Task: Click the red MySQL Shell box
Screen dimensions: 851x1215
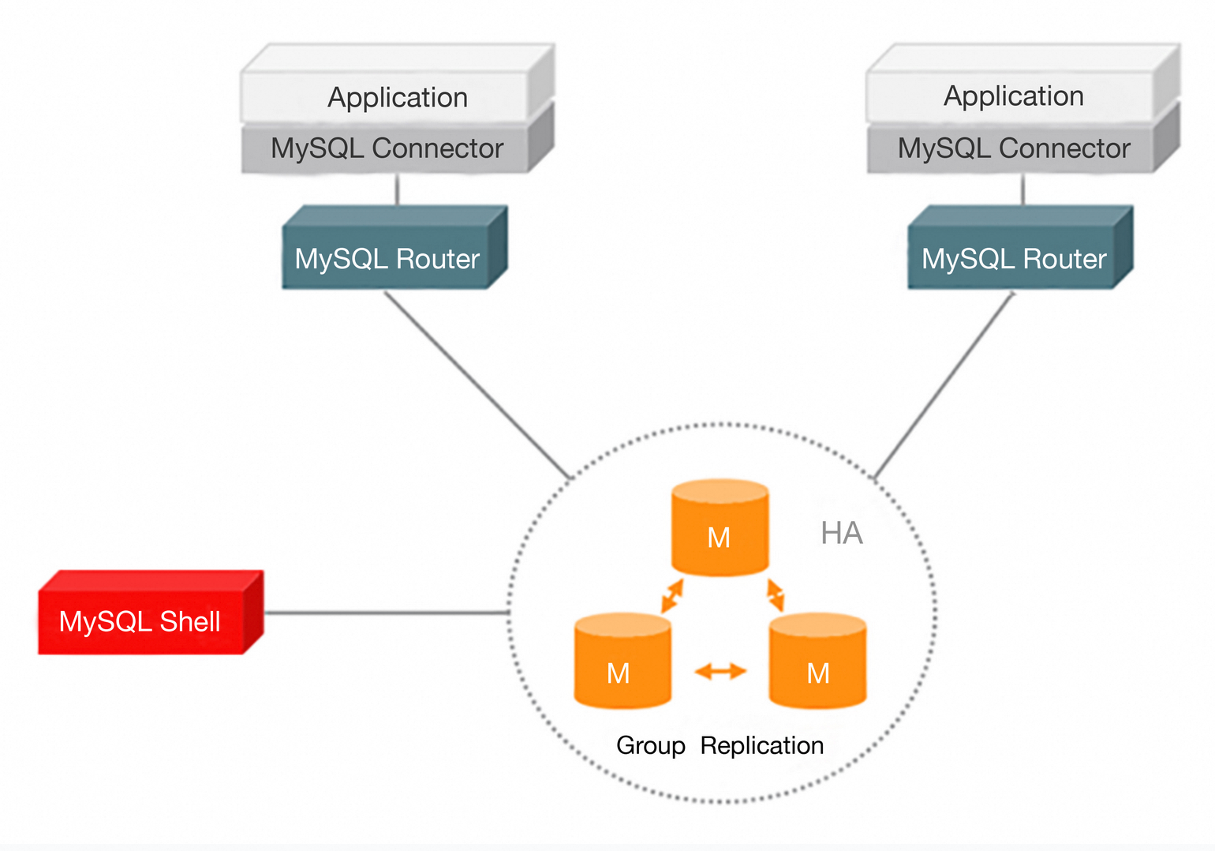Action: pos(142,620)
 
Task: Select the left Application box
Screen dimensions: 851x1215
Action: pos(397,97)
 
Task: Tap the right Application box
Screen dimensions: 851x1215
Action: pos(1014,96)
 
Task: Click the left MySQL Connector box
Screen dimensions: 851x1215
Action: pos(387,148)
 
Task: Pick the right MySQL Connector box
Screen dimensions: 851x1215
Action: pos(1014,148)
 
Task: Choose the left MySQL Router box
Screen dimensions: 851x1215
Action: pos(387,258)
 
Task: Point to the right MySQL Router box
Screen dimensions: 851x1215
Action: pos(1014,258)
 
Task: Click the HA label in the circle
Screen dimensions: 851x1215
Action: pos(842,534)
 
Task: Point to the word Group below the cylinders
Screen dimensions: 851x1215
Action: pos(651,745)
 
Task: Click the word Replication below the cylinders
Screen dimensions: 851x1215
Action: pos(762,745)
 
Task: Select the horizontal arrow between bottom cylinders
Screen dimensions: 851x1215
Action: pos(720,672)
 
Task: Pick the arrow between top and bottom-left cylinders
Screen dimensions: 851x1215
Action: pos(672,596)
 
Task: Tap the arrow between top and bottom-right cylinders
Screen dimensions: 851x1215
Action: pos(776,595)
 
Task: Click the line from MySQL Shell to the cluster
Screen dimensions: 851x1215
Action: pos(387,613)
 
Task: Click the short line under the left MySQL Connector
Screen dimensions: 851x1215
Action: pos(397,189)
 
